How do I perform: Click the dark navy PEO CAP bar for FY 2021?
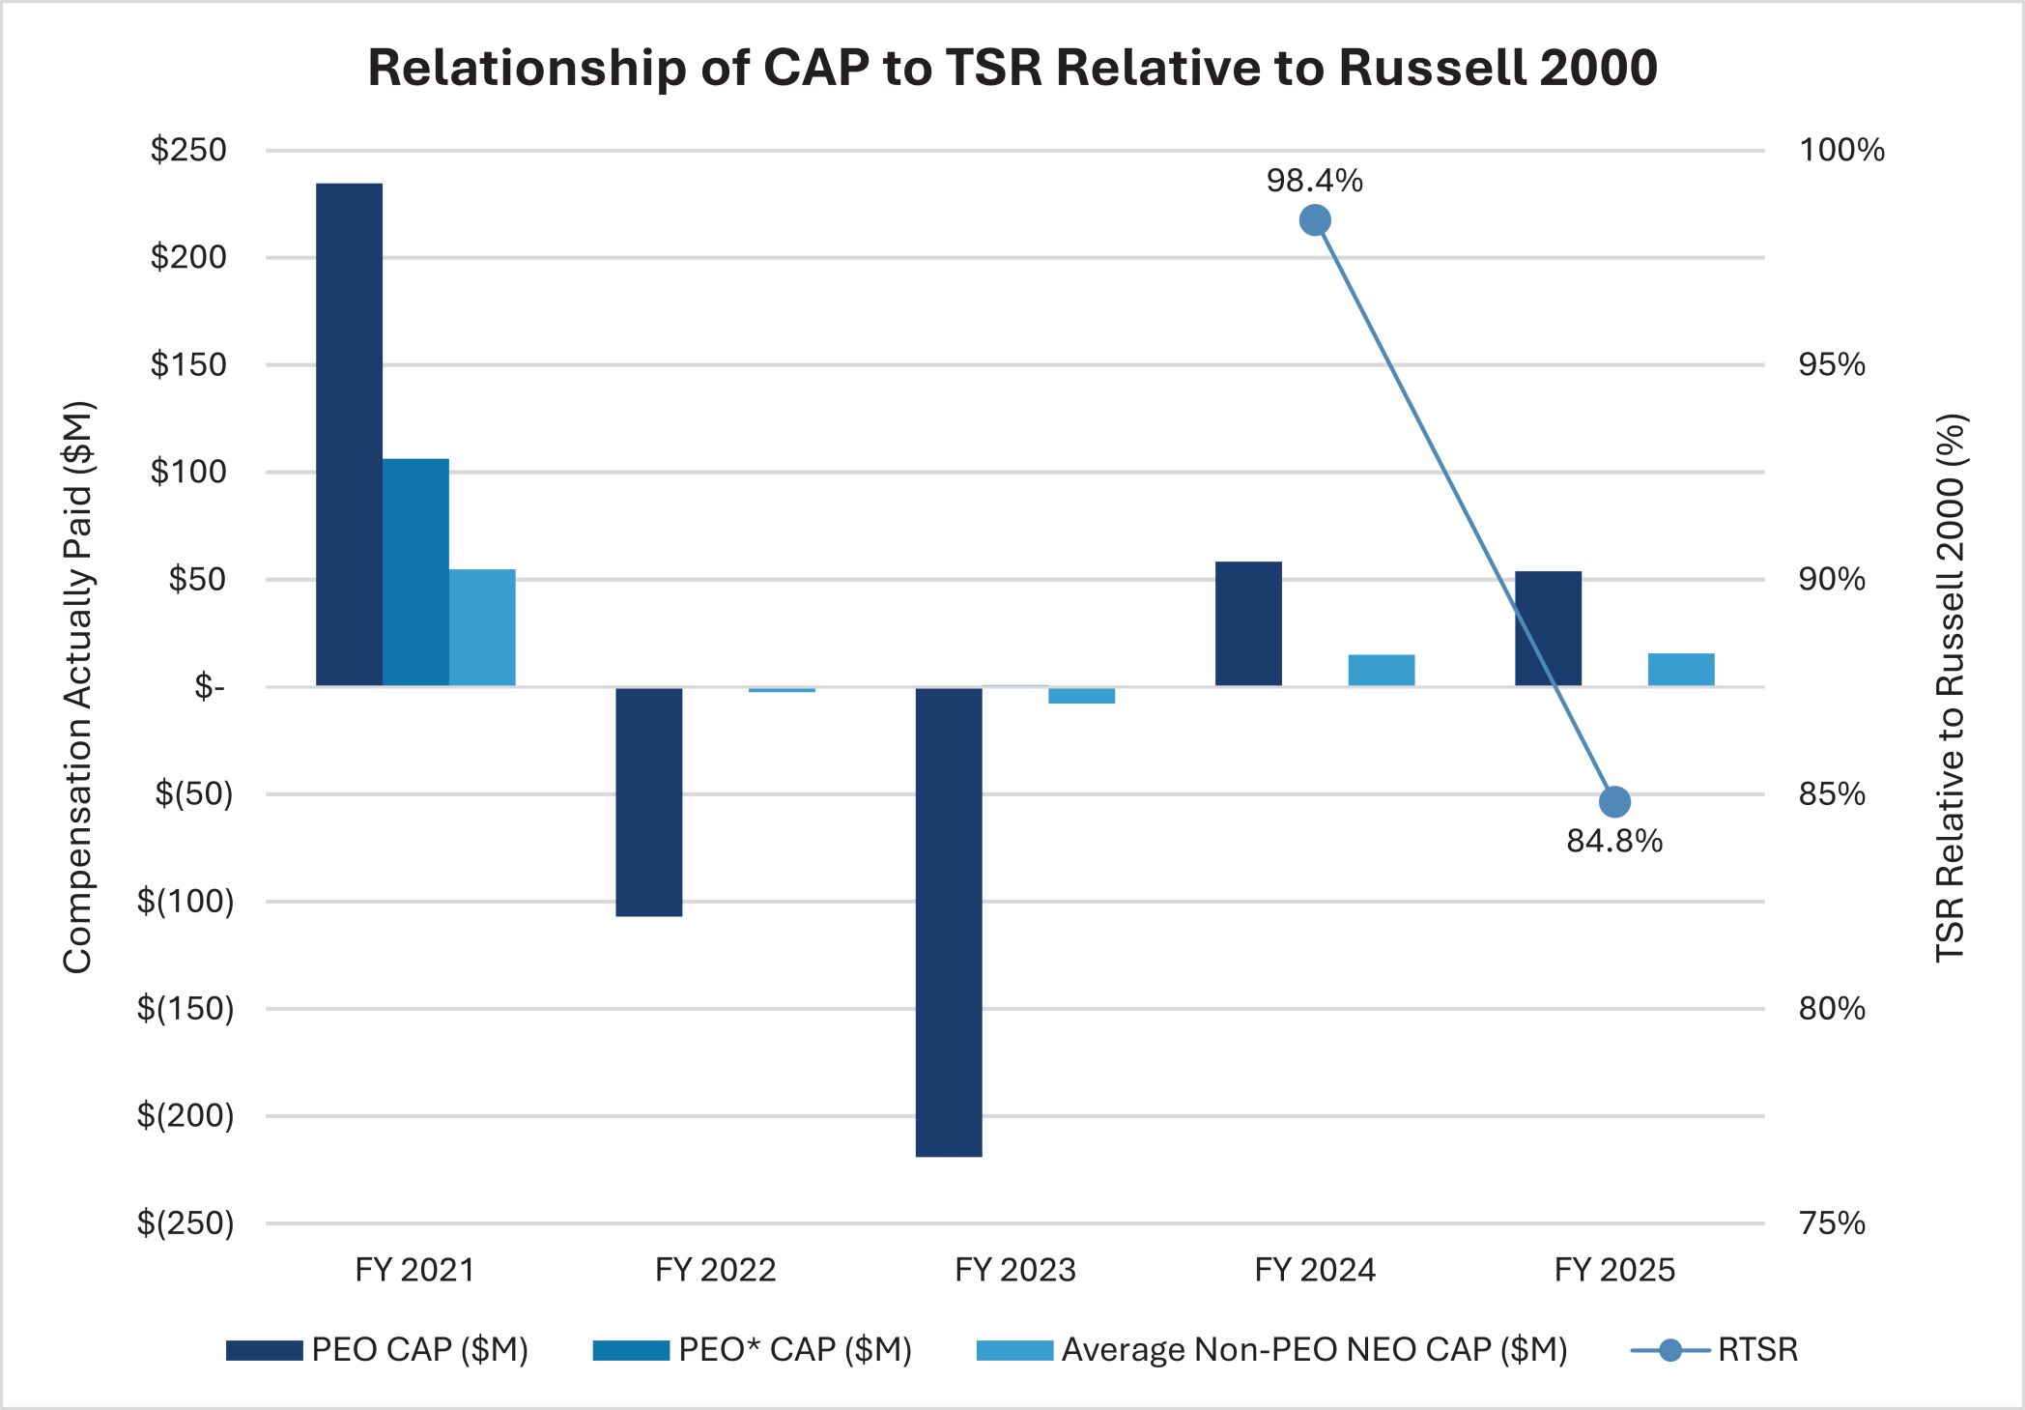coord(349,435)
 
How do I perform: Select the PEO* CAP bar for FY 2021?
coord(415,572)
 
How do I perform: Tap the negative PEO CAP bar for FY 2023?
coord(948,922)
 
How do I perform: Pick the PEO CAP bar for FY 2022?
coord(648,802)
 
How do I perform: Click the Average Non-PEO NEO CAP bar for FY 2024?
coord(1381,671)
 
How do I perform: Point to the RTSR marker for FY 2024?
coord(1314,220)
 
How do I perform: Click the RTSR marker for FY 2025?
coord(1614,801)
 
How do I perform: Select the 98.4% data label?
coord(1314,181)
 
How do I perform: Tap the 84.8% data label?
coord(1614,841)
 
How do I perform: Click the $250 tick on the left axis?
coord(188,150)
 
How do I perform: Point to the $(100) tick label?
coord(185,901)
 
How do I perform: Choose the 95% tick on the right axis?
coord(1831,364)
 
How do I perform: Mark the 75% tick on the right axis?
coord(1831,1223)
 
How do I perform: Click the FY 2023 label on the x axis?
coord(1014,1269)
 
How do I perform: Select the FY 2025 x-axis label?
coord(1614,1269)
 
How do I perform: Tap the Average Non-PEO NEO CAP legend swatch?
coord(1014,1350)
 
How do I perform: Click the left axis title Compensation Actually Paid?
coord(77,686)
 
